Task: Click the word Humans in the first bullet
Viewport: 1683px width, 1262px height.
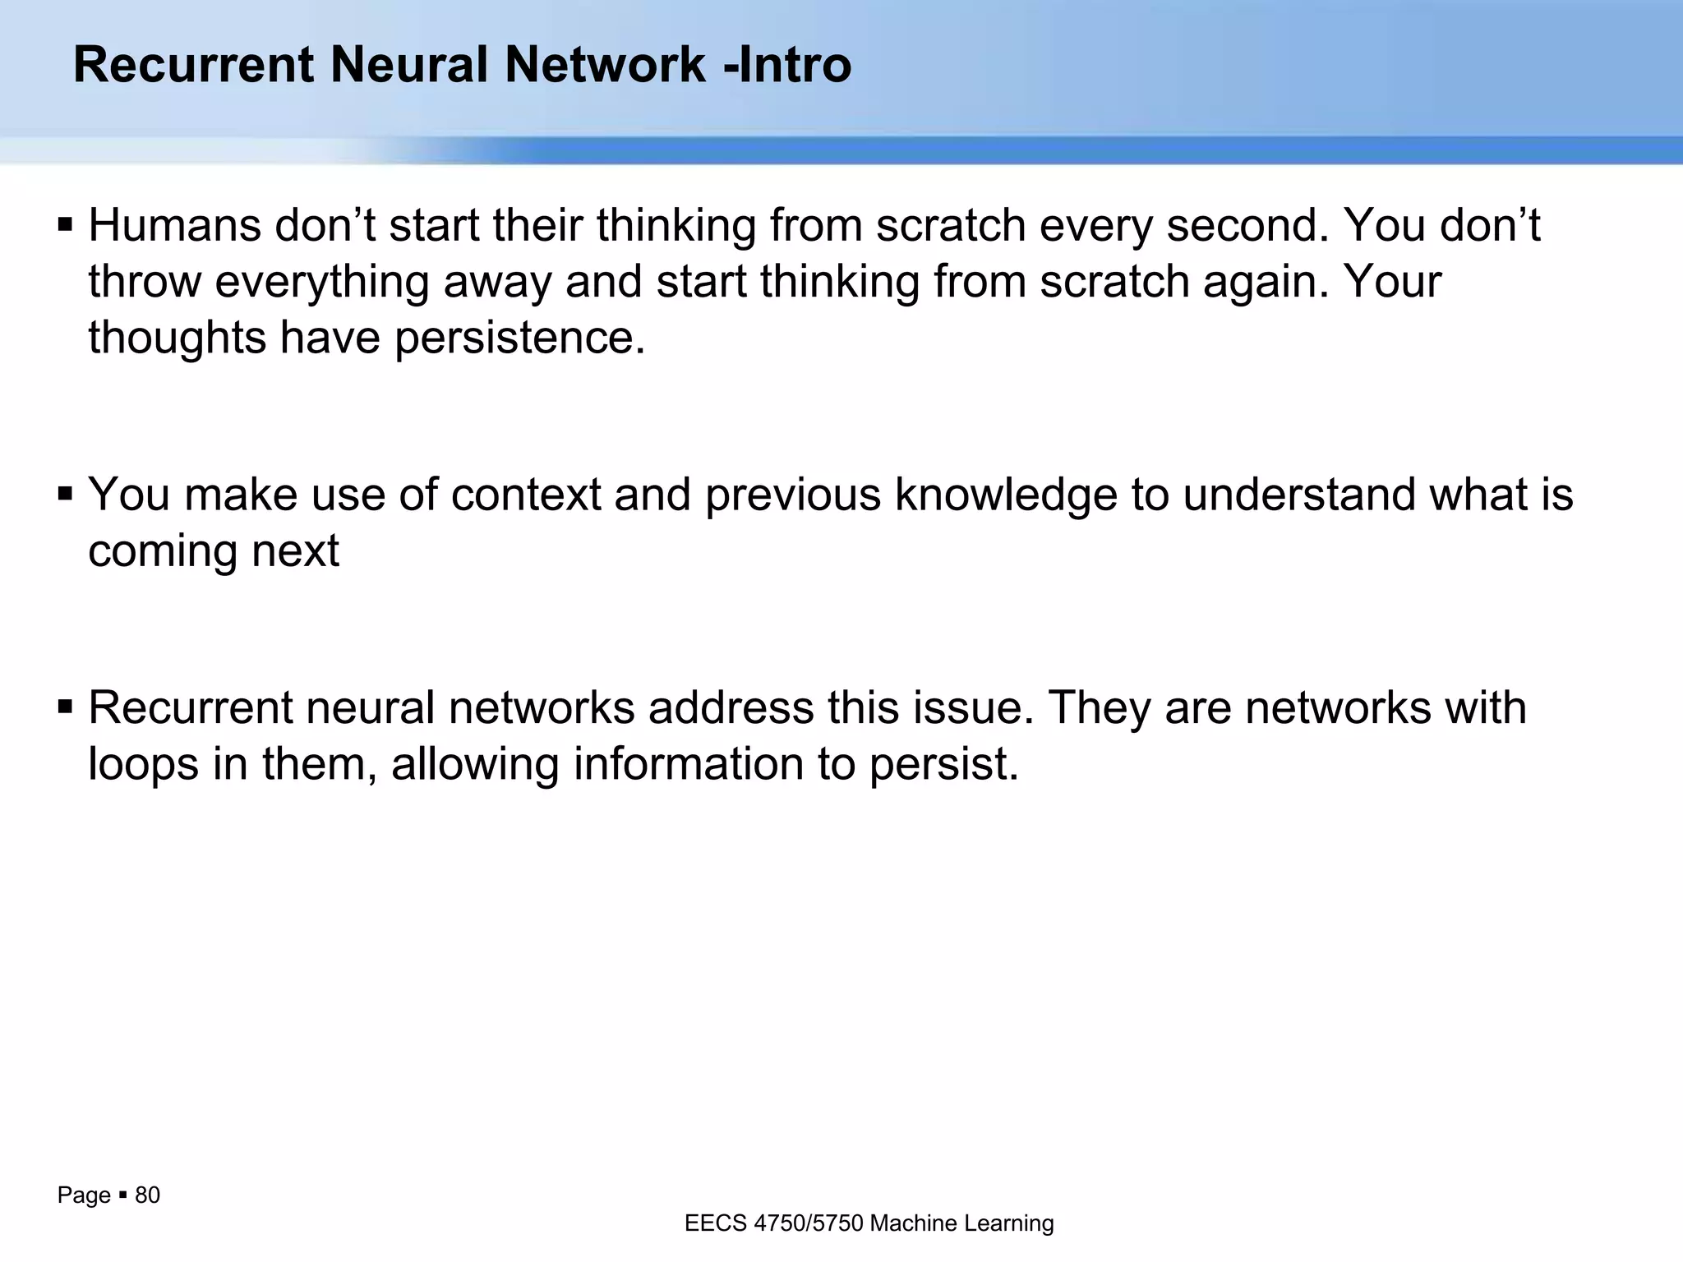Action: pos(174,226)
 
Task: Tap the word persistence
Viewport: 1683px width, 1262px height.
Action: pos(519,338)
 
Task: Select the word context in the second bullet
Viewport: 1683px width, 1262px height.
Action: pos(526,495)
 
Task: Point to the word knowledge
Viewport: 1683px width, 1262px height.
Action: pos(1006,495)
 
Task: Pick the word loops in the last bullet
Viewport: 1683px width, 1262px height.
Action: pos(143,764)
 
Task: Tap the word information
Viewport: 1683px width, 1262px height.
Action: pos(688,764)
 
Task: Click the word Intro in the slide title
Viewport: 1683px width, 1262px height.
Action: pos(795,64)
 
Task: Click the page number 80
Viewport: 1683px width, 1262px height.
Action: pos(147,1195)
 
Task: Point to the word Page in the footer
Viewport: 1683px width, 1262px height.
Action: pos(84,1195)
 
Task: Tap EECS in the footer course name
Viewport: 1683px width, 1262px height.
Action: pos(715,1223)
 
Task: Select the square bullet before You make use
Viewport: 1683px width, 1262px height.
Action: pos(66,494)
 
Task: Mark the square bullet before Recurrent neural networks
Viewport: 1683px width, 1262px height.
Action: pos(66,707)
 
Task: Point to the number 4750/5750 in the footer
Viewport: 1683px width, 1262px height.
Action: pos(808,1223)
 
